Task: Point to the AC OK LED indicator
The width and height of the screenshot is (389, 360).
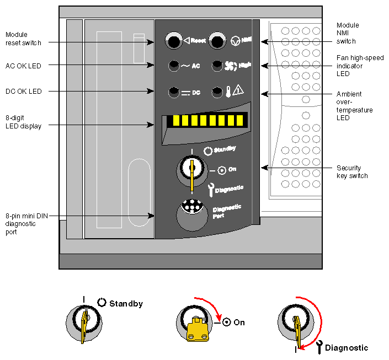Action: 174,65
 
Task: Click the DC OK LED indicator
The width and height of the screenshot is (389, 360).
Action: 174,92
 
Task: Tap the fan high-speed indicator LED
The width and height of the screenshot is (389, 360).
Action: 217,65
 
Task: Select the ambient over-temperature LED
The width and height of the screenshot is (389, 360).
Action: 217,92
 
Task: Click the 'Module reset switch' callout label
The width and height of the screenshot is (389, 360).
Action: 24,38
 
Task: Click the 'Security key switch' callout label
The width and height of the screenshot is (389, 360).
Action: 349,171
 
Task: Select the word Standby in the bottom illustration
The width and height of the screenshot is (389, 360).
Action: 126,304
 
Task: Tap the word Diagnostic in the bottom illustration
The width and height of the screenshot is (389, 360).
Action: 347,348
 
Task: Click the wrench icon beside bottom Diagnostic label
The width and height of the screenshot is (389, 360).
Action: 318,347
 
